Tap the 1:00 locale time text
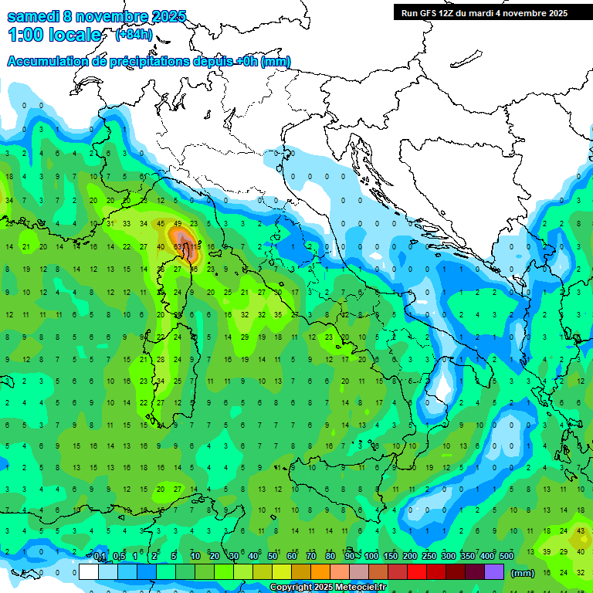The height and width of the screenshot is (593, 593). [x=54, y=35]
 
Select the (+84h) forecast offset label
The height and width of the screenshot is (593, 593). [x=133, y=34]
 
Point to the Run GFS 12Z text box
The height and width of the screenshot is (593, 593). [x=483, y=13]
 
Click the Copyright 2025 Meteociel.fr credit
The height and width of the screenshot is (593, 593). [x=329, y=588]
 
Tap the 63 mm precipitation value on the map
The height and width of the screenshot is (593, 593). [x=178, y=247]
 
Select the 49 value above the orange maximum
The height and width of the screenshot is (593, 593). [x=178, y=224]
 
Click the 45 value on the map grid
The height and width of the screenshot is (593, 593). [x=161, y=224]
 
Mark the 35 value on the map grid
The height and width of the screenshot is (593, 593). [x=278, y=315]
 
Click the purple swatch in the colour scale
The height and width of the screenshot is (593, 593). [x=494, y=572]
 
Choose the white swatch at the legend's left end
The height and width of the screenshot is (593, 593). [x=89, y=572]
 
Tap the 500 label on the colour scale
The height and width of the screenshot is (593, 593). [x=506, y=557]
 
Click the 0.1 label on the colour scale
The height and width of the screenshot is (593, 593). [x=100, y=557]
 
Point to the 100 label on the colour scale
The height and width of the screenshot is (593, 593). [x=371, y=557]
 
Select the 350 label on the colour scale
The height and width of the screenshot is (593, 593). [x=467, y=557]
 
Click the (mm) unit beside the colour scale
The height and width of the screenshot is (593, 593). [x=523, y=573]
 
